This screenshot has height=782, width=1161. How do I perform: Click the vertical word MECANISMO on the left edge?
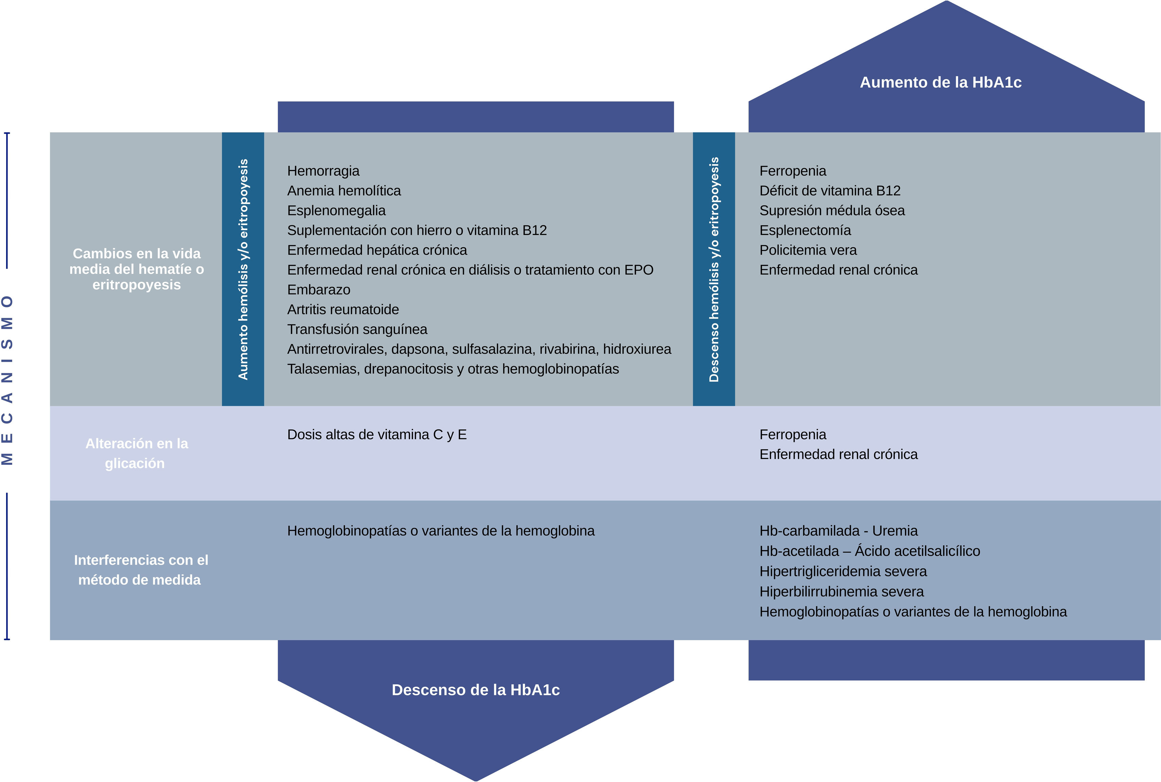(7, 380)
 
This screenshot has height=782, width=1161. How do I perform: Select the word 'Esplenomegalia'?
(336, 210)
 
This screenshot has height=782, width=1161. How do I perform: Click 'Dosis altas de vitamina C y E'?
(377, 435)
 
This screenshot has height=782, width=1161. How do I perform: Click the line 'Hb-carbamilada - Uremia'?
(838, 531)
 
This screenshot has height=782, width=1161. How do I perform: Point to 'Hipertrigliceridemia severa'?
(843, 572)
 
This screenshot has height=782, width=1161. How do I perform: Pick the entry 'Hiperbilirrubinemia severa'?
(841, 592)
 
